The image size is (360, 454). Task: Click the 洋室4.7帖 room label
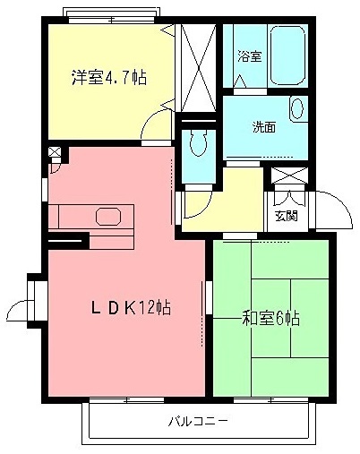coord(108,77)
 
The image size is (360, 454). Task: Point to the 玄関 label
coord(286,215)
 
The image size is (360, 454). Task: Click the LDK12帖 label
coord(131,308)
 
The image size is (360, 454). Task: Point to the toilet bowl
coord(199,144)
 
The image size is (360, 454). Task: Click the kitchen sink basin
coord(108,217)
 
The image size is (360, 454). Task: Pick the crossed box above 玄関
coord(288,176)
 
